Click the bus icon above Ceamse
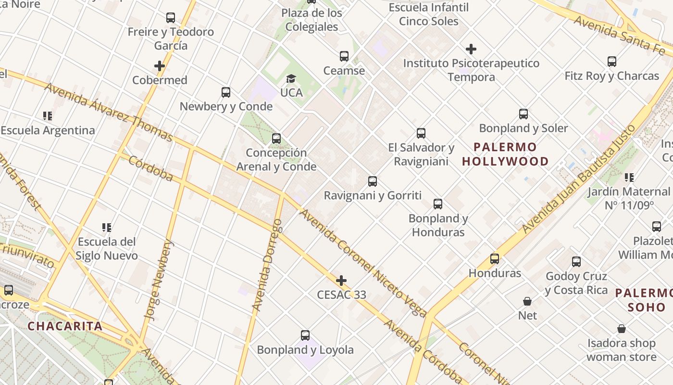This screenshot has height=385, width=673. pyautogui.click(x=344, y=56)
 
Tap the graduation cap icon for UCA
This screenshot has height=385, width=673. pyautogui.click(x=291, y=78)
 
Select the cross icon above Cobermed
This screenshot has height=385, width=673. pyautogui.click(x=160, y=66)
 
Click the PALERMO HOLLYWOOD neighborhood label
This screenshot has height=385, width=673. pyautogui.click(x=505, y=154)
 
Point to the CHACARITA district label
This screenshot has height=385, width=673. pyautogui.click(x=65, y=326)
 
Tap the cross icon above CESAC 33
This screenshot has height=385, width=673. pyautogui.click(x=341, y=281)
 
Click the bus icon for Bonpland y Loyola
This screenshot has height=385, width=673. pyautogui.click(x=305, y=335)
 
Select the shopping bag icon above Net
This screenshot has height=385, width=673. pyautogui.click(x=527, y=302)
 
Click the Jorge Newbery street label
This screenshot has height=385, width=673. pyautogui.click(x=159, y=280)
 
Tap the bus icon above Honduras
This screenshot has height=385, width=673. pyautogui.click(x=495, y=259)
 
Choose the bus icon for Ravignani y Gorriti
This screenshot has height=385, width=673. pyautogui.click(x=373, y=181)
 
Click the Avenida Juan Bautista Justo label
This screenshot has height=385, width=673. pyautogui.click(x=579, y=178)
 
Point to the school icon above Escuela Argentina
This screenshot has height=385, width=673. pyautogui.click(x=48, y=116)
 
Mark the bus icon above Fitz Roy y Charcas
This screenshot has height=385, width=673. pyautogui.click(x=611, y=62)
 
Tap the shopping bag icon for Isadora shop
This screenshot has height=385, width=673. pyautogui.click(x=621, y=329)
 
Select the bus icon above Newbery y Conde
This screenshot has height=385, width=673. pyautogui.click(x=226, y=92)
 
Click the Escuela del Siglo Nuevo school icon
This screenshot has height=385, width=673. pyautogui.click(x=107, y=227)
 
